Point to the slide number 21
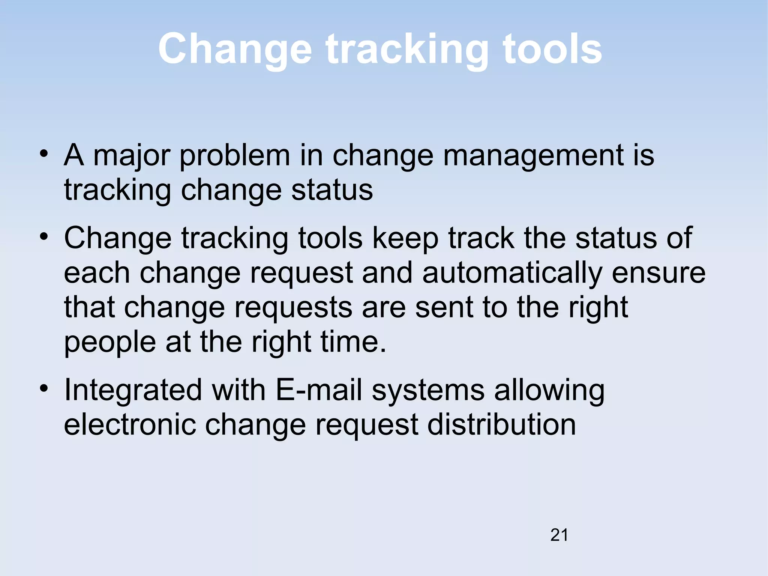pos(559,535)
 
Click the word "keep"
pos(405,239)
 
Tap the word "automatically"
pos(512,273)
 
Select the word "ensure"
pos(658,273)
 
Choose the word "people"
pos(110,342)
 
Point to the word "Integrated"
pos(133,390)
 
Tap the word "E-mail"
pos(319,390)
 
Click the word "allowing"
pos(549,390)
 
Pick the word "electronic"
pos(130,425)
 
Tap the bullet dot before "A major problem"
pos(44,153)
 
